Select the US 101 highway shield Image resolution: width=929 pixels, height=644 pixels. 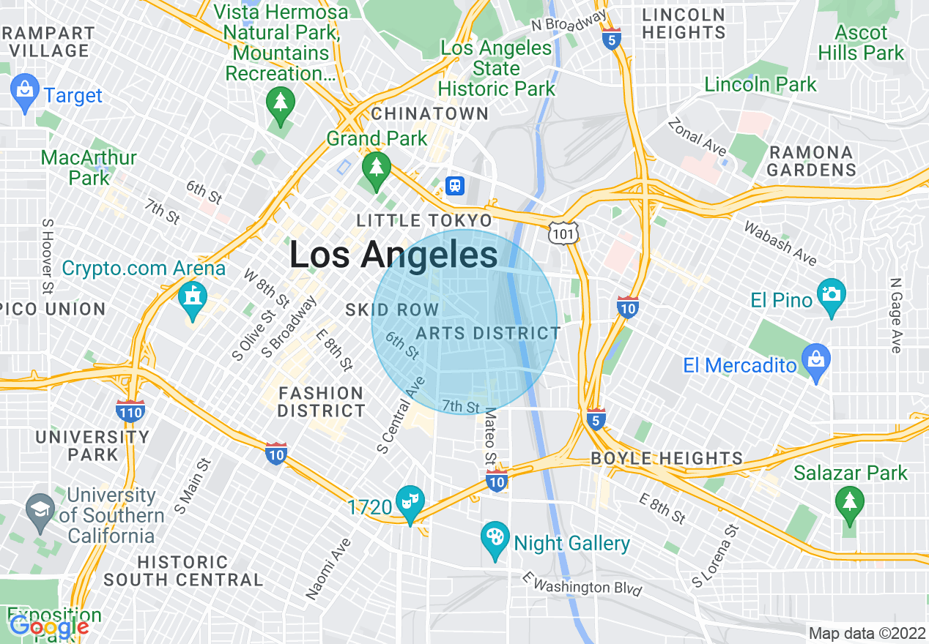[564, 233]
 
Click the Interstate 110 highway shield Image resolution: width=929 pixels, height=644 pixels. [130, 411]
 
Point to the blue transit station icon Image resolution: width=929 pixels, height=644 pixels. [455, 185]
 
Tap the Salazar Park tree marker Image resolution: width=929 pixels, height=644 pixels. [849, 503]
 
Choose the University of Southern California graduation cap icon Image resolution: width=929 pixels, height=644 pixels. [40, 507]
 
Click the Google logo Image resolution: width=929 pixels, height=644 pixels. [49, 626]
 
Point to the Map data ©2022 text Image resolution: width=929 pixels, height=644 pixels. [865, 633]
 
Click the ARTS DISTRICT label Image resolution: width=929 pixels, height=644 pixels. [488, 334]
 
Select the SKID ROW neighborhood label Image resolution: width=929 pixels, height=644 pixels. [392, 310]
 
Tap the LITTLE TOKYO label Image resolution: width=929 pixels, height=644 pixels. [424, 220]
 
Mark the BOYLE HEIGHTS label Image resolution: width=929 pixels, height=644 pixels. [667, 459]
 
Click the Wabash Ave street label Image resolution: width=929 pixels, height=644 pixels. [780, 244]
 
